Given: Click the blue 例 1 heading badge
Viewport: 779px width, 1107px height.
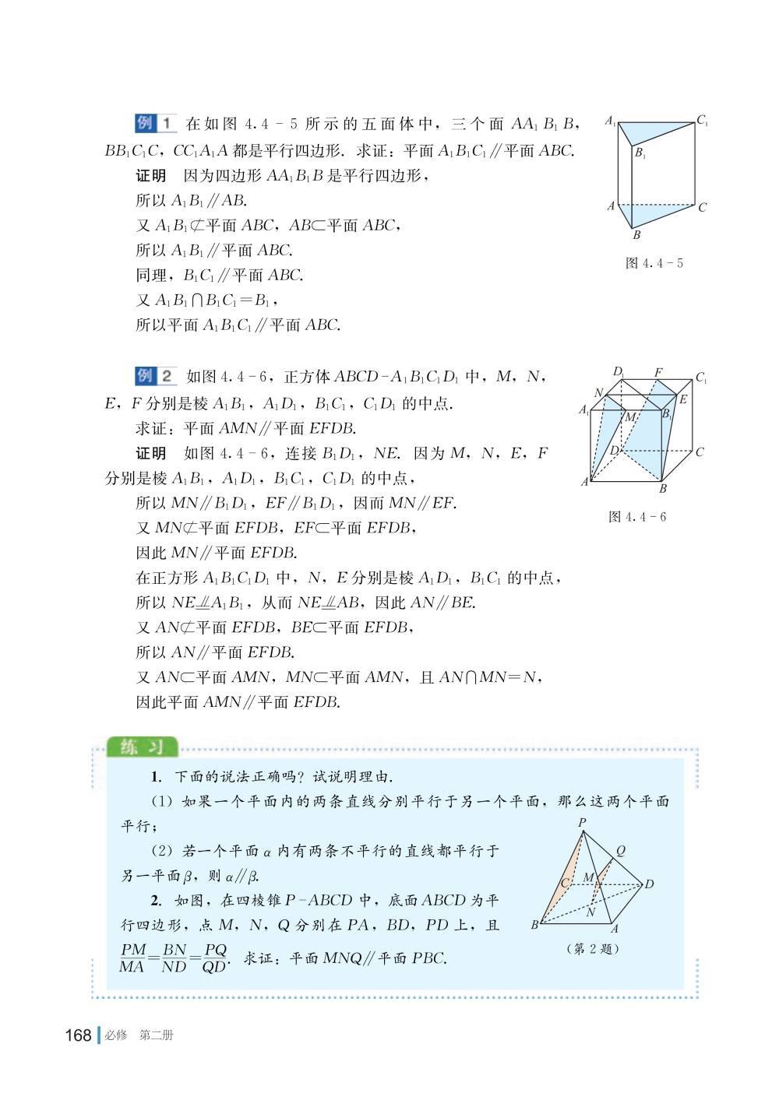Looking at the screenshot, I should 156,123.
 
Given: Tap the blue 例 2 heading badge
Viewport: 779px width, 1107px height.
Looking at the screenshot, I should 156,376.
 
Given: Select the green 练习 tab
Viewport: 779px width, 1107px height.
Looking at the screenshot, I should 143,747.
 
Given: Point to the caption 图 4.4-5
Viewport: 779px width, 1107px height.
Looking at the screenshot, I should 654,263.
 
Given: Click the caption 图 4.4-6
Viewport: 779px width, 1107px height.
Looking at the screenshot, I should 637,517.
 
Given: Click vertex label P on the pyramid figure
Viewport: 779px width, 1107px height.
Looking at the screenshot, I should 582,823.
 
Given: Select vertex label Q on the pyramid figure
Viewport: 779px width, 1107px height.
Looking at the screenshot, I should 620,851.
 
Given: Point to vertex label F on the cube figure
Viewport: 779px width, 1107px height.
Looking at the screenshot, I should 658,372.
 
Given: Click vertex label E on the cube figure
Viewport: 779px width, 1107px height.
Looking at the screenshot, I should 683,400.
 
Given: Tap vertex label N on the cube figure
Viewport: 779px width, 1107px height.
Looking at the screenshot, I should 598,393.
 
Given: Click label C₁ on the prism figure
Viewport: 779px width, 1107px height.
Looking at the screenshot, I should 702,121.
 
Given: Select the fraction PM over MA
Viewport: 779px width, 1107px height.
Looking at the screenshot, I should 134,958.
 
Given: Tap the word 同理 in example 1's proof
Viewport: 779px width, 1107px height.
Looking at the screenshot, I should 151,276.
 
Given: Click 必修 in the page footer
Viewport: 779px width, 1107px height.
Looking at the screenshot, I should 116,1036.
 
